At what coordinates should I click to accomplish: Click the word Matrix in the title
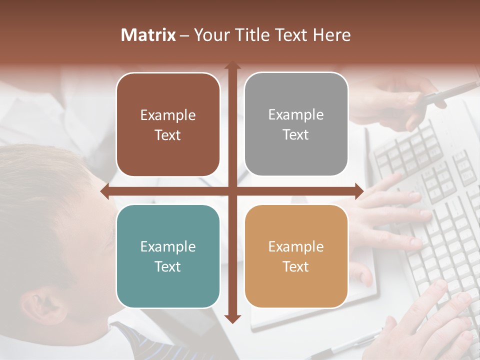point(148,35)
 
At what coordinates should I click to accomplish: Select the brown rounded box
point(168,125)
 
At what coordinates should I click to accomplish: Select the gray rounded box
point(296,124)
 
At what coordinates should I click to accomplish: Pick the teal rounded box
point(168,256)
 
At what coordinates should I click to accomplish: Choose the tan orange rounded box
point(296,256)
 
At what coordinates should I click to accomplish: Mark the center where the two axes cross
point(232,191)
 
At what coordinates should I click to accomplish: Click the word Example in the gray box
point(296,115)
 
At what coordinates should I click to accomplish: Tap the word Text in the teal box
point(168,266)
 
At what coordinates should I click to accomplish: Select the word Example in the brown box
point(168,115)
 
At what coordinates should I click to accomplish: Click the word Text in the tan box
point(296,266)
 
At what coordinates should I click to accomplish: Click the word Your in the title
point(209,35)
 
